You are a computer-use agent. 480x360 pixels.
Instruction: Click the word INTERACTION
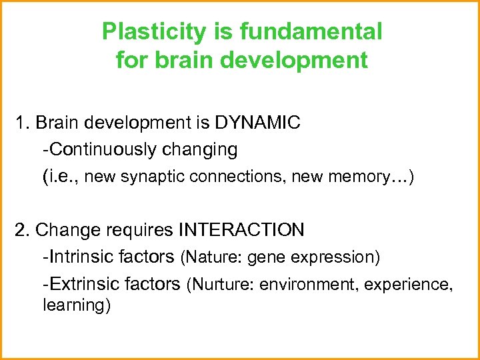pyautogui.click(x=241, y=230)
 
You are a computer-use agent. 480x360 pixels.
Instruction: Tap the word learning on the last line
pyautogui.click(x=74, y=306)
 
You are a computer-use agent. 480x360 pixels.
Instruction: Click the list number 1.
pyautogui.click(x=21, y=123)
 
